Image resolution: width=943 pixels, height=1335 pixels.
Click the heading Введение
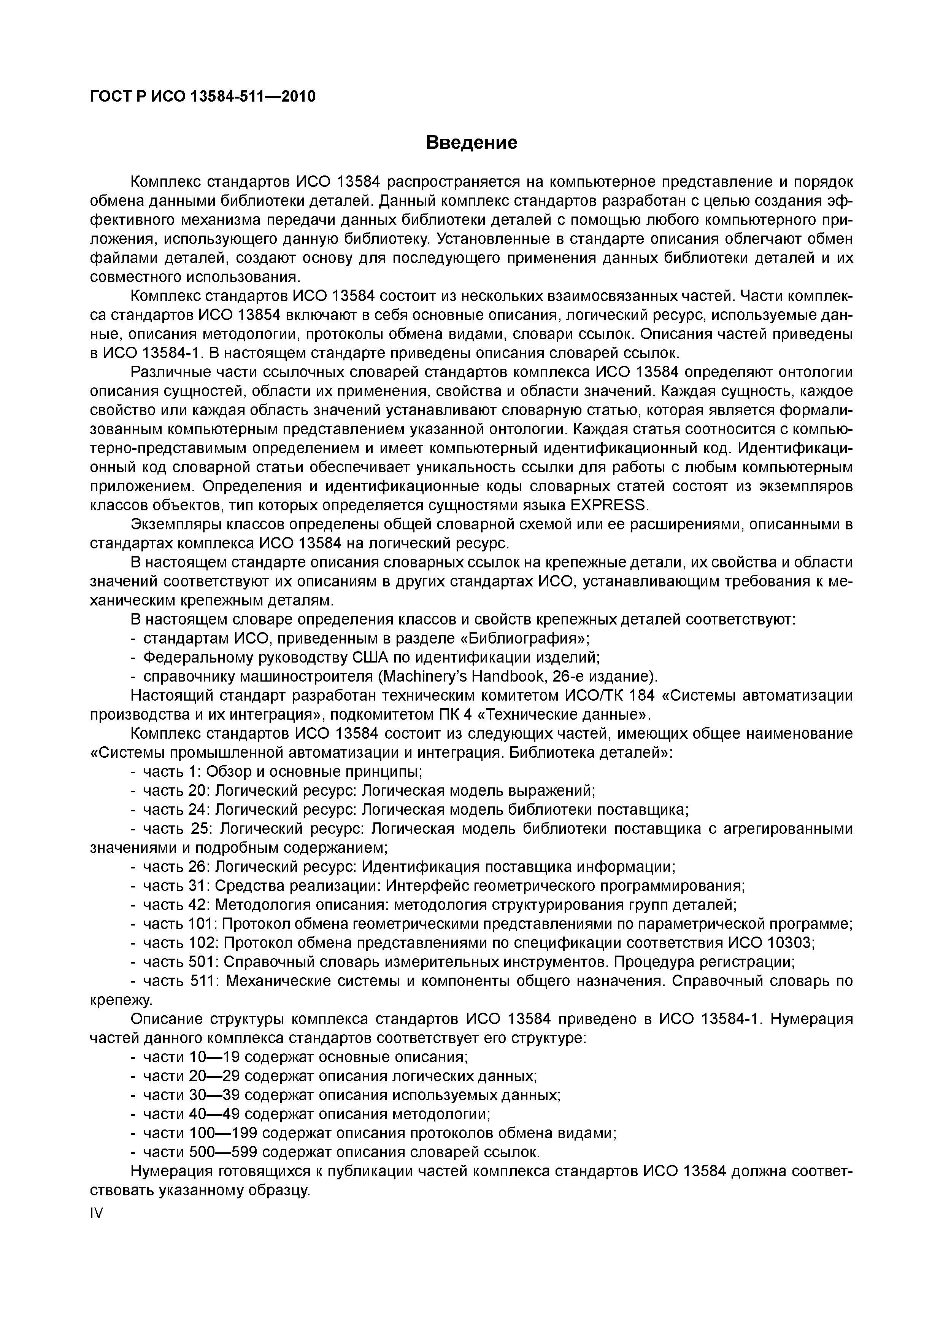point(471,142)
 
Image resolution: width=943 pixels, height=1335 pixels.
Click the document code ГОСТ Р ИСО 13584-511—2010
point(203,97)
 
